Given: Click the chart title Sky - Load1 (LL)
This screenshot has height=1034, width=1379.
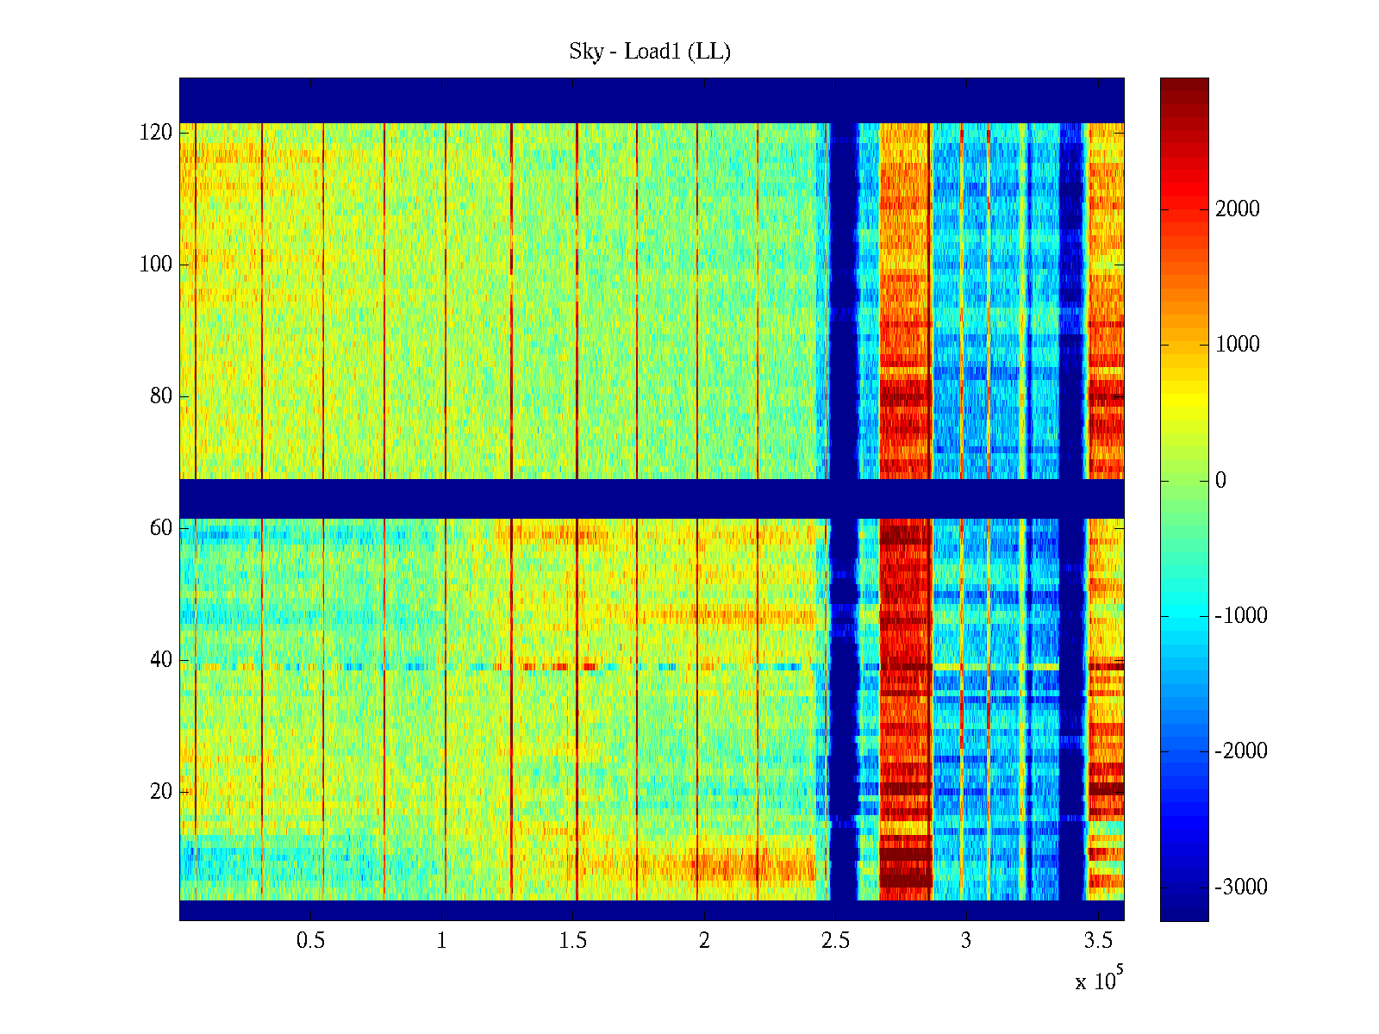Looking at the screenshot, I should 650,52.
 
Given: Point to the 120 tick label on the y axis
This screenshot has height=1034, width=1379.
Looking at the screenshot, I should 156,133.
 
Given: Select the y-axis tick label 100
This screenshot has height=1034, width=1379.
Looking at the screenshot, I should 156,265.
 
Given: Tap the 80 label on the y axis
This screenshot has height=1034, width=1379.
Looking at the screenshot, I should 161,396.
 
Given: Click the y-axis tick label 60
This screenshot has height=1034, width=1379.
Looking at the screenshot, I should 161,528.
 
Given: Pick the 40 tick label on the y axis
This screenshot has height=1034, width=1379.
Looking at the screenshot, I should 161,660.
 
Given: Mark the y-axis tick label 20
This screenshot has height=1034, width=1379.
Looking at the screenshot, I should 161,792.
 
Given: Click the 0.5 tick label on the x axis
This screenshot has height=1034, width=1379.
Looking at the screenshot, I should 310,941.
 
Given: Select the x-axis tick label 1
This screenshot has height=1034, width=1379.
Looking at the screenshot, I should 442,941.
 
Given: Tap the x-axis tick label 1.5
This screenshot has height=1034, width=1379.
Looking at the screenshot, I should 573,941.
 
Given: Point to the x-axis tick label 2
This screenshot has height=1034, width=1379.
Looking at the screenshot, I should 704,941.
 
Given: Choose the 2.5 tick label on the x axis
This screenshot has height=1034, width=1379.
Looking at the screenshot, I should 835,941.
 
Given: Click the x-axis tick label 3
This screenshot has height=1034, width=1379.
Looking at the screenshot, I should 966,941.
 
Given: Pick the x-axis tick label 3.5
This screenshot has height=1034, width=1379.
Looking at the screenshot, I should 1098,941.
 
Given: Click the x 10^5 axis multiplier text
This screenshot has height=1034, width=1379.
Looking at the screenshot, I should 1098,980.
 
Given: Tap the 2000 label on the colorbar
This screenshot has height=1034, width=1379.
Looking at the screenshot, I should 1238,209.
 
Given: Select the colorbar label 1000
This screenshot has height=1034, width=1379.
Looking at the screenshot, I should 1238,345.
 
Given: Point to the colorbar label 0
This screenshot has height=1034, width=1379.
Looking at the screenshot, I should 1220,481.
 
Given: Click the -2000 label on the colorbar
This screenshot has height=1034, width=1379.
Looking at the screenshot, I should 1241,751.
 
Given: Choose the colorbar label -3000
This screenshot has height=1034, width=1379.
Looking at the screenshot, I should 1241,888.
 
